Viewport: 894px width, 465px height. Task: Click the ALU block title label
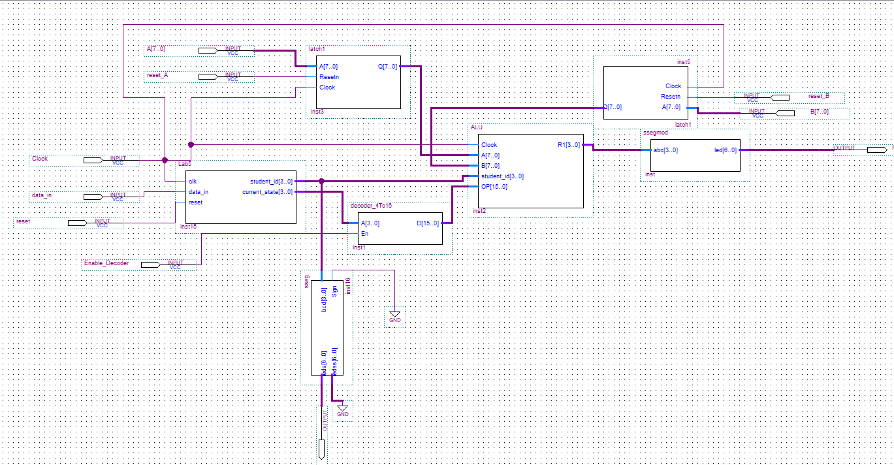476,127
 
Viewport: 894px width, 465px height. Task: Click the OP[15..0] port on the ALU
494,187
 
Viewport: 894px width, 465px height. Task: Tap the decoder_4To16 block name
371,206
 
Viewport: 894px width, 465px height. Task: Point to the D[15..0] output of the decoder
427,223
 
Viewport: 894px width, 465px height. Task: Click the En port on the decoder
364,234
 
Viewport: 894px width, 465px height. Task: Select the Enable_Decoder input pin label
106,263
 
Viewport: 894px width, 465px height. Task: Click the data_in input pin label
42,195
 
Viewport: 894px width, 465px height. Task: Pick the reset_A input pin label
157,75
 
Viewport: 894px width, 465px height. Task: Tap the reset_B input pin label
818,96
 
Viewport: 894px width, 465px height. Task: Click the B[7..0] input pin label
819,112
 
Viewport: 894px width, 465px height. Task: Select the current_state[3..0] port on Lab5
267,192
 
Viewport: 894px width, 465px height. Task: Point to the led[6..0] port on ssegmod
726,150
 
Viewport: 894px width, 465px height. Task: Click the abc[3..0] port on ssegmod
665,150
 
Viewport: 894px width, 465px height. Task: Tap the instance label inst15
189,227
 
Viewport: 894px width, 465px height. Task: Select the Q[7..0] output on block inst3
388,67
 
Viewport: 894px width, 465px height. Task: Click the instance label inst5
683,62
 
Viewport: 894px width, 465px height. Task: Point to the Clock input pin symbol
93,160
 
